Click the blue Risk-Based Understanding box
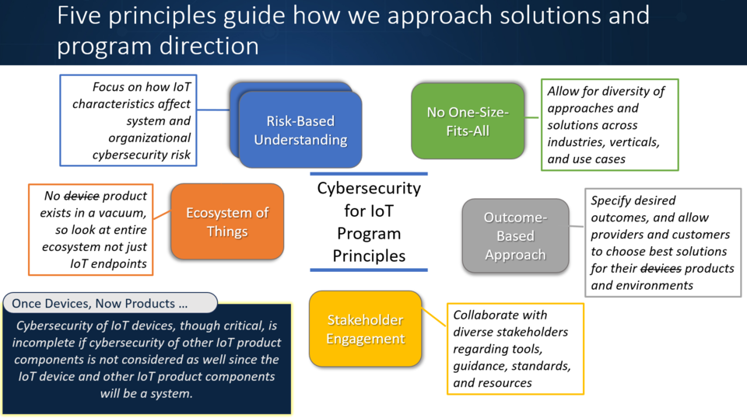point(300,130)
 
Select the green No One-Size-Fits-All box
point(468,122)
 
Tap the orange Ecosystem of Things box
point(227,221)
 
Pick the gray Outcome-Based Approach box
point(514,235)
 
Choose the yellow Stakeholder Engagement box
point(365,329)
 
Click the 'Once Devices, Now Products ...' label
point(99,302)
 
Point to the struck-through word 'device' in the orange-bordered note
point(80,197)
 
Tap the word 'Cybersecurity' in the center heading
point(368,189)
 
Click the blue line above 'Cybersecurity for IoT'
point(368,174)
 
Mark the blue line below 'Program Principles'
point(368,270)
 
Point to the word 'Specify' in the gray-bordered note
point(612,201)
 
